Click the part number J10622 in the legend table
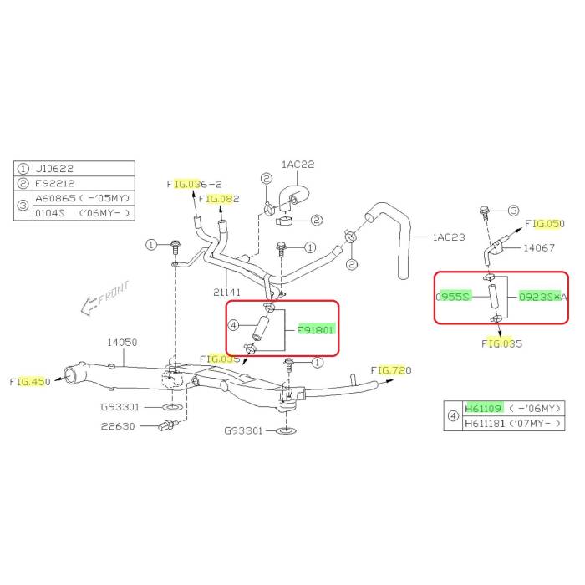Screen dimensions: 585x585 click(x=54, y=169)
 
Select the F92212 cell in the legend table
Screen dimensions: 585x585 click(x=55, y=183)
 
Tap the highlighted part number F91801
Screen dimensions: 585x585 click(x=315, y=330)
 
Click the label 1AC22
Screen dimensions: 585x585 click(x=298, y=164)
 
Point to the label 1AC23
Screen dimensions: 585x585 click(x=449, y=237)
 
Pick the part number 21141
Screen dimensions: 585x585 click(x=226, y=292)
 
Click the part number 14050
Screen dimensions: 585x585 click(x=122, y=342)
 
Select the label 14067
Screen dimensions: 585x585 click(x=539, y=247)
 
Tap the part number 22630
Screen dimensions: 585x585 click(x=118, y=426)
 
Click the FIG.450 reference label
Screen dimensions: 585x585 click(x=30, y=382)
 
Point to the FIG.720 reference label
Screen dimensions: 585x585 click(x=391, y=370)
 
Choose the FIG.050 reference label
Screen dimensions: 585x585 click(x=545, y=223)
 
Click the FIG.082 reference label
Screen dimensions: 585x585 click(x=219, y=199)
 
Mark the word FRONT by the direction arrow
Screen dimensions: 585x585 click(x=114, y=292)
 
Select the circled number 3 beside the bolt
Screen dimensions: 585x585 click(x=514, y=211)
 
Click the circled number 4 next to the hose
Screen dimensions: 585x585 click(x=233, y=326)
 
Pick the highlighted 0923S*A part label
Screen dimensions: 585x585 click(x=543, y=297)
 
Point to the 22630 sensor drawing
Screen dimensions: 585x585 click(x=169, y=425)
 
